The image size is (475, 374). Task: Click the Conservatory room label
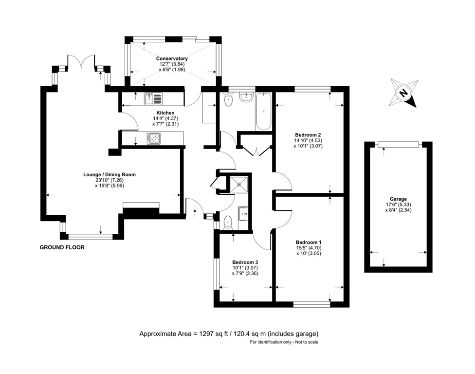pyautogui.click(x=172, y=58)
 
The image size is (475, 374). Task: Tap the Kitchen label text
pyautogui.click(x=165, y=113)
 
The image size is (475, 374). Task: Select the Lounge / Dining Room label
pyautogui.click(x=110, y=174)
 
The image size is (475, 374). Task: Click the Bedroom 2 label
pyautogui.click(x=308, y=135)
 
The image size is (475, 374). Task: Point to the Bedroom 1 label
pyautogui.click(x=309, y=243)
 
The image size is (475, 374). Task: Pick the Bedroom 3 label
pyautogui.click(x=245, y=262)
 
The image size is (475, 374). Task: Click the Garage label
pyautogui.click(x=399, y=199)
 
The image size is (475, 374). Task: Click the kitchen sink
pyautogui.click(x=153, y=98)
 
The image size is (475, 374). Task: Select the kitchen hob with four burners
pyautogui.click(x=154, y=138)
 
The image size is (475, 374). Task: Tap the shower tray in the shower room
pyautogui.click(x=239, y=184)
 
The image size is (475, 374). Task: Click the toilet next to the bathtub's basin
pyautogui.click(x=228, y=99)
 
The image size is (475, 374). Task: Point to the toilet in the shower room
pyautogui.click(x=228, y=222)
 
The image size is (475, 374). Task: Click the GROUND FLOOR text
pyautogui.click(x=62, y=247)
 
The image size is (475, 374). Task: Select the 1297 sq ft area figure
pyautogui.click(x=211, y=334)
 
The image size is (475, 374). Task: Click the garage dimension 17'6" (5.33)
pyautogui.click(x=398, y=205)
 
